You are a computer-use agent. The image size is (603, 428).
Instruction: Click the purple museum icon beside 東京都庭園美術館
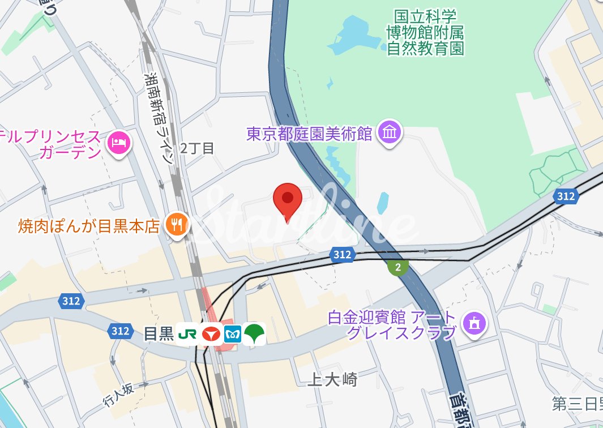coord(390,133)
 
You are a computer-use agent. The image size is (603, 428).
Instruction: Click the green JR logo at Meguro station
coord(187,334)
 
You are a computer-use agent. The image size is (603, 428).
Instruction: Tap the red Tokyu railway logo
coord(210,334)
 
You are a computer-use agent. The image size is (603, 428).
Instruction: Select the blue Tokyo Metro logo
coord(233,334)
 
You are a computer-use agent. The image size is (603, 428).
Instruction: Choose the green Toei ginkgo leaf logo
coord(255,333)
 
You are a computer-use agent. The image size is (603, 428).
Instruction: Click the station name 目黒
coord(158,334)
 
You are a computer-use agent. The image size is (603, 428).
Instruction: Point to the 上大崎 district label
coord(332,379)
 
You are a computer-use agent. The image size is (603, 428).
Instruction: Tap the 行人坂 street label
coord(119,396)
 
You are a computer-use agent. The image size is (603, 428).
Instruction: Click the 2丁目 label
coord(197,149)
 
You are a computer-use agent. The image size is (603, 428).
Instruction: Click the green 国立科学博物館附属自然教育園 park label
coord(425,32)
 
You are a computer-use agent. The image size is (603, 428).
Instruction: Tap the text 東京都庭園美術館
coord(309,134)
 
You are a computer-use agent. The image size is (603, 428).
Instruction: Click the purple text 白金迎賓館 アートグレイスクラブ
coord(392,325)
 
